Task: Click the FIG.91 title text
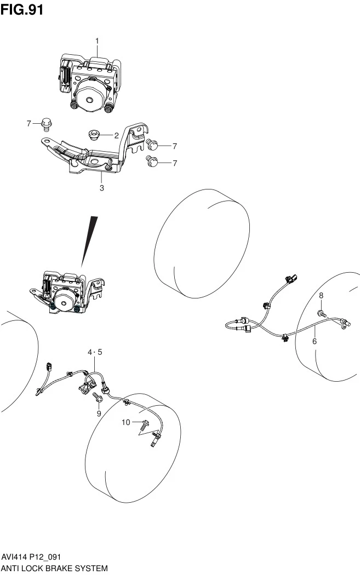coord(22,9)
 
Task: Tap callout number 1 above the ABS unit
coord(97,41)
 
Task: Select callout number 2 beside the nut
coord(116,136)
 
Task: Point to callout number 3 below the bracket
coord(102,188)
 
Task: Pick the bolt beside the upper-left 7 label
coord(46,124)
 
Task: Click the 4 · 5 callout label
coord(95,353)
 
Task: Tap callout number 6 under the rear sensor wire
coord(315,341)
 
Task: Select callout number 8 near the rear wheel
coord(321,296)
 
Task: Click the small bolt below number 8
coord(322,313)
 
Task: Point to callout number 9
coord(99,414)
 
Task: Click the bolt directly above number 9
coord(98,397)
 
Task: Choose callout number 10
coord(126,422)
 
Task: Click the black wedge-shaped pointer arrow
coord(89,241)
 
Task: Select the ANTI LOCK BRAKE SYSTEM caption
coord(54,568)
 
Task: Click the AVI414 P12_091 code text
coord(31,558)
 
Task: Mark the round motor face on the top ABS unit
coord(89,100)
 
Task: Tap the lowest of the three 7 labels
coord(175,163)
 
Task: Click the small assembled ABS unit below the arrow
coord(67,292)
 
